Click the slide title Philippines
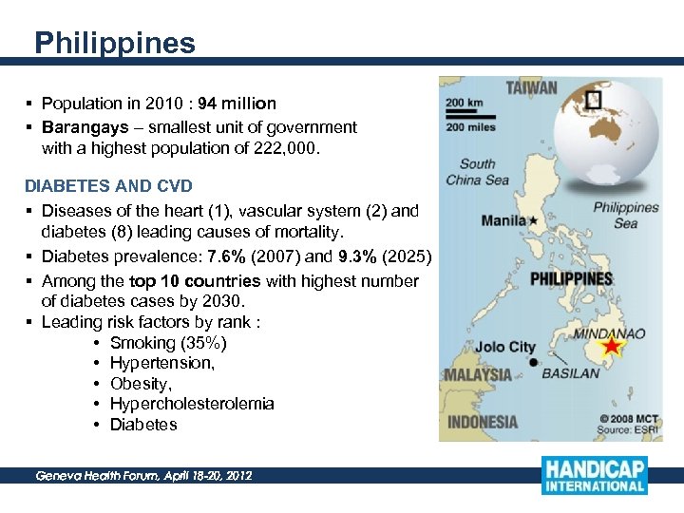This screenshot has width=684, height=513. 114,43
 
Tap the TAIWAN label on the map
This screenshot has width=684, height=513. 532,87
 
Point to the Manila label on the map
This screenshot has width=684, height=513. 503,220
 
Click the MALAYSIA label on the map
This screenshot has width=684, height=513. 478,374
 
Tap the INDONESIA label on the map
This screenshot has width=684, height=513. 483,422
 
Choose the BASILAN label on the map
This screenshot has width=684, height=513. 571,373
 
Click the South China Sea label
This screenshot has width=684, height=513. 477,172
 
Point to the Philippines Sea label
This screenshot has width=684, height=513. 625,216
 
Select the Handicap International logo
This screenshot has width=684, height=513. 594,475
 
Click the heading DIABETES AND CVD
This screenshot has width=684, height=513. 108,185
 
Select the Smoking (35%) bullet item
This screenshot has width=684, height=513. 168,343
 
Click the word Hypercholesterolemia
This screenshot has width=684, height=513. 192,404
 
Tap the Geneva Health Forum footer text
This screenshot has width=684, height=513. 143,475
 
